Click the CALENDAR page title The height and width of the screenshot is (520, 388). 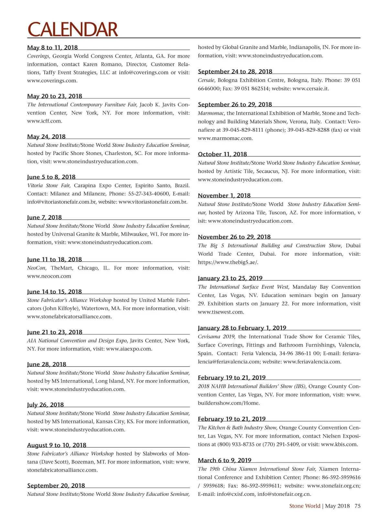point(72,29)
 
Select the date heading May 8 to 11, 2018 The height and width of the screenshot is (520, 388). point(52,47)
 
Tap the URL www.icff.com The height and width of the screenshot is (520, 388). point(45,121)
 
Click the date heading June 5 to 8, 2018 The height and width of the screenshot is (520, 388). point(51,177)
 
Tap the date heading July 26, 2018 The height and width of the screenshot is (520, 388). point(45,405)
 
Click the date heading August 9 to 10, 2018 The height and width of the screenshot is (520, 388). point(57,445)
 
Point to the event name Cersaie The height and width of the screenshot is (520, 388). point(206,80)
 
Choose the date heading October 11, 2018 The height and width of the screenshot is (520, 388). point(222,154)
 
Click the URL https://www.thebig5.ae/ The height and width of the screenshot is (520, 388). point(228,262)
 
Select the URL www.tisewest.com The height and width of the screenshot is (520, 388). point(221,312)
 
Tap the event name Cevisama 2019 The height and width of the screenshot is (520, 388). point(216,337)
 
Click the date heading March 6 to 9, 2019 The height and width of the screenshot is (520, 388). point(224,460)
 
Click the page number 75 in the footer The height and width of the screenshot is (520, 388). point(357,506)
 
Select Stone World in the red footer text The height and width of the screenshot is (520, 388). point(305,506)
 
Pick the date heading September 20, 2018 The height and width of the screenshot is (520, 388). point(56,485)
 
